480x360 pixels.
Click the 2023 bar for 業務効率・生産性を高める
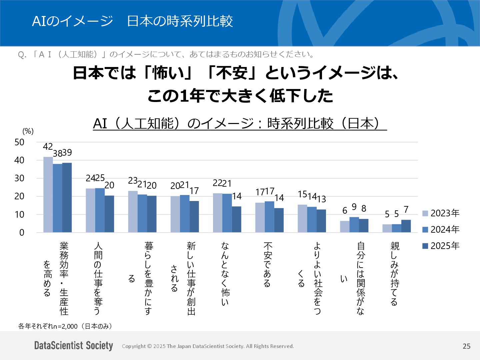[48, 195]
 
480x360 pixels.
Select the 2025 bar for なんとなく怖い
[237, 219]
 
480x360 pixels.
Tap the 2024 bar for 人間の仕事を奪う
[100, 210]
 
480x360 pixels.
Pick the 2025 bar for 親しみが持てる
[406, 226]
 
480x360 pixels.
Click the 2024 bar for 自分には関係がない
[354, 225]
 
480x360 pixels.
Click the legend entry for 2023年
[441, 213]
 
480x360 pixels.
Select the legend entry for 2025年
[441, 246]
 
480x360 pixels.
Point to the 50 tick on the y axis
[20, 142]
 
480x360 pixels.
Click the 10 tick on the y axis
[20, 215]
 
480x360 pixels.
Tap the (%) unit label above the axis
[28, 131]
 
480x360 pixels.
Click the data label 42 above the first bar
[48, 147]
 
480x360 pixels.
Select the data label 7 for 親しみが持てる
[406, 209]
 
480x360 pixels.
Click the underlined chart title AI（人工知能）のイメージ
[240, 124]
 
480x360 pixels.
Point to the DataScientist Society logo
[74, 346]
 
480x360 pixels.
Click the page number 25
[466, 346]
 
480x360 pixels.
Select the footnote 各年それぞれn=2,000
[65, 326]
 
